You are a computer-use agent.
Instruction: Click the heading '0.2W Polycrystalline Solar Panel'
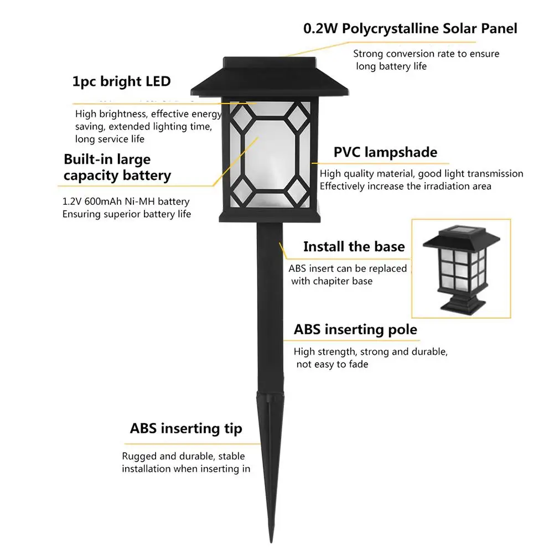click(410, 28)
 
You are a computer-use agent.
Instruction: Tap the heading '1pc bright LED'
click(121, 81)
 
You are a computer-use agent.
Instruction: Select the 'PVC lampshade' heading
click(385, 152)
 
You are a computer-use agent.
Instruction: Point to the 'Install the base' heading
click(354, 246)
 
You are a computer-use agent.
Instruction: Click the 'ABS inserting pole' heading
click(355, 330)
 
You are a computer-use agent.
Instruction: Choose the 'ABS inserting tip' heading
click(186, 428)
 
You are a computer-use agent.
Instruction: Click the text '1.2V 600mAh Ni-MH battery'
click(126, 201)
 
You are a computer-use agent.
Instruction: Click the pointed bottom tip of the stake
click(271, 540)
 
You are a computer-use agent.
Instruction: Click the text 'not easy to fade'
click(332, 364)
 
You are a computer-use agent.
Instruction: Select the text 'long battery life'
click(391, 66)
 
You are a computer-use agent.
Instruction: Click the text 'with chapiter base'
click(332, 281)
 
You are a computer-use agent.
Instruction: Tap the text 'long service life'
click(110, 139)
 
